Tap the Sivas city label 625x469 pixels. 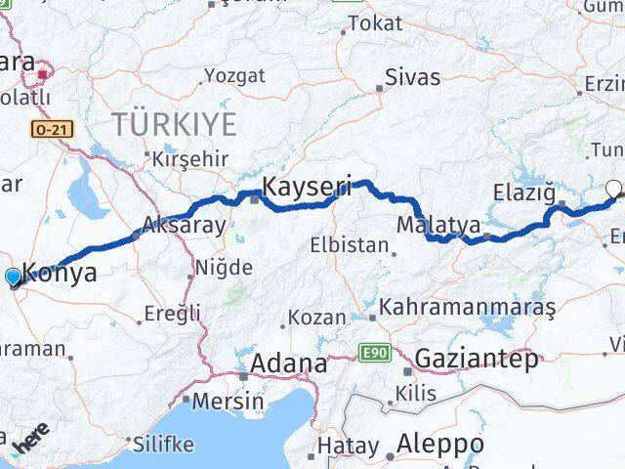(412, 77)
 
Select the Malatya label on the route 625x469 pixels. (437, 226)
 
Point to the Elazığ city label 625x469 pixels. (524, 191)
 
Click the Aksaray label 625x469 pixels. (184, 225)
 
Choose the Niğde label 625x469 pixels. (224, 267)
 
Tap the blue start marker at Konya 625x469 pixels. (13, 278)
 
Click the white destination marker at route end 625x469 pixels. (613, 189)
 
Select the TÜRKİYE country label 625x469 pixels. (174, 124)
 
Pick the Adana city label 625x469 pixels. (289, 363)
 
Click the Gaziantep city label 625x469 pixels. (476, 359)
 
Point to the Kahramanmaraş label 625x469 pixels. (468, 307)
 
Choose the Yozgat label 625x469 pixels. (233, 75)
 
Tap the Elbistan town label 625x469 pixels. (350, 245)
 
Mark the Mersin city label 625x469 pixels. (228, 401)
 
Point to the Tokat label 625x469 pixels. (374, 22)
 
